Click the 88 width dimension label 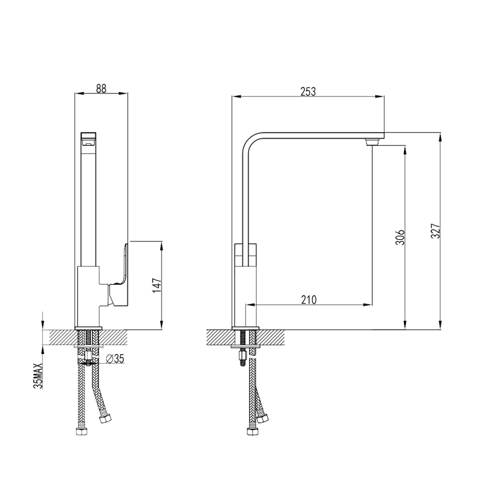click(x=101, y=88)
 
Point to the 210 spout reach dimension click(x=308, y=299)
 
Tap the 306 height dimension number click(x=400, y=237)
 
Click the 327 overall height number click(x=435, y=231)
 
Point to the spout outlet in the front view click(x=89, y=138)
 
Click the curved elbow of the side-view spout click(x=252, y=142)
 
